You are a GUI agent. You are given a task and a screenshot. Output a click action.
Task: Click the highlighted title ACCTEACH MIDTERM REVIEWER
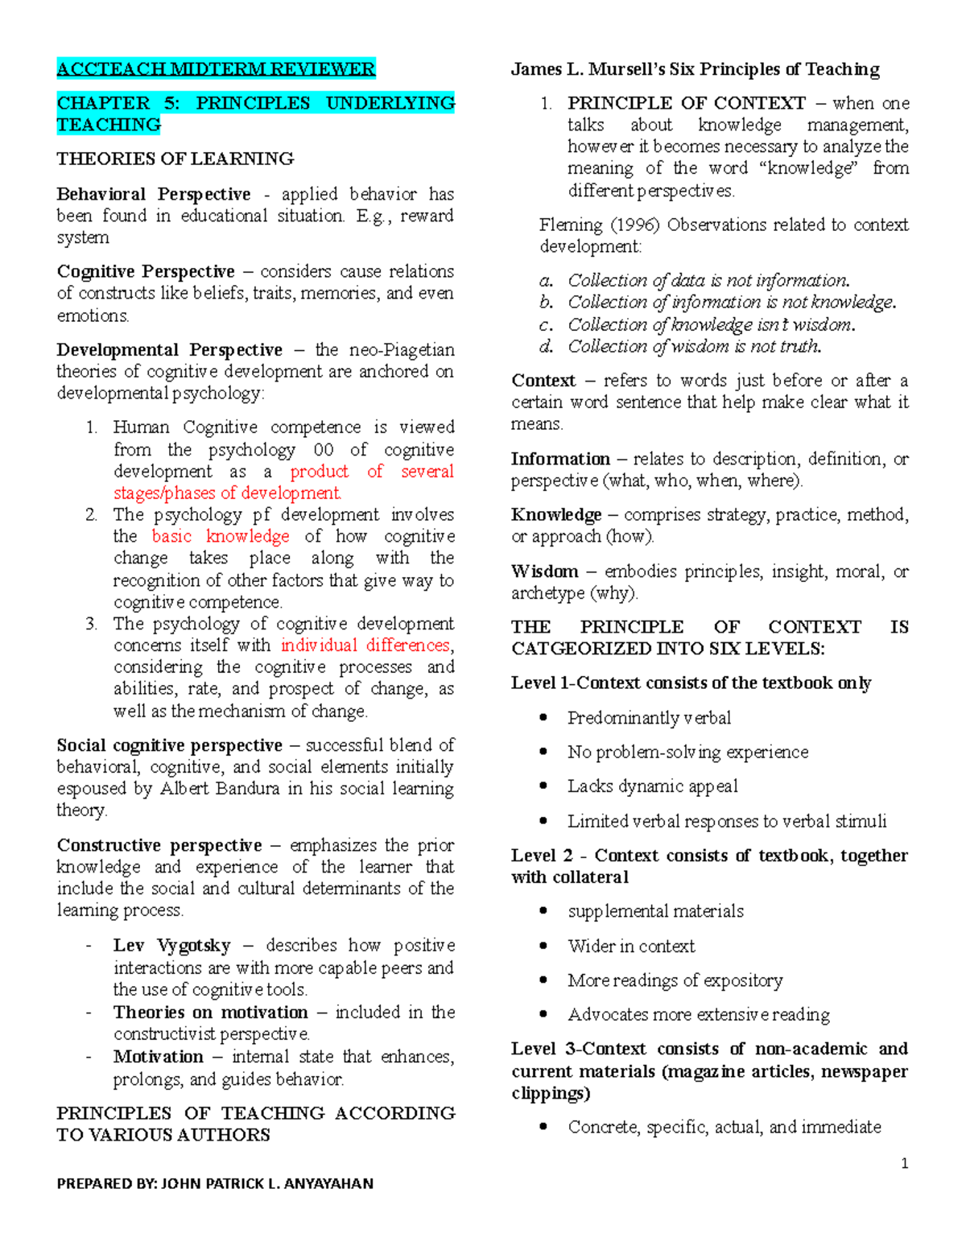[216, 69]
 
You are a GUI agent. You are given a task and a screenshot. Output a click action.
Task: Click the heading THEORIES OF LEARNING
[175, 159]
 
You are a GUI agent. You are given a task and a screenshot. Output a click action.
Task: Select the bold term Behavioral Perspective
[153, 194]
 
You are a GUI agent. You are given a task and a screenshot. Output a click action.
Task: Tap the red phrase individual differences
[365, 646]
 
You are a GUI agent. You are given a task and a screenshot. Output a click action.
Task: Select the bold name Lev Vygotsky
[171, 946]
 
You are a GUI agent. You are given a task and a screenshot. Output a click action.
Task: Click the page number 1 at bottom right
[905, 1163]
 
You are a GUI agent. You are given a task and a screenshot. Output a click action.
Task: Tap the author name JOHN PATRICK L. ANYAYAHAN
[267, 1183]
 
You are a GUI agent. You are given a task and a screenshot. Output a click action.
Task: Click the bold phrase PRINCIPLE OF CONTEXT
[686, 103]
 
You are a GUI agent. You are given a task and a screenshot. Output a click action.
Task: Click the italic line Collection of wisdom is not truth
[694, 347]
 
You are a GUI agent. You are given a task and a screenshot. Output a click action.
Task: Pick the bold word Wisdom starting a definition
[544, 571]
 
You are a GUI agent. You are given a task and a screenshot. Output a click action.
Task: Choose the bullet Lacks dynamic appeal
[652, 786]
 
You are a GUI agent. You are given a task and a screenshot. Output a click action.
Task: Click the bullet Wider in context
[631, 947]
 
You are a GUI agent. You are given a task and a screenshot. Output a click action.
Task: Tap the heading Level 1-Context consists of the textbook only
[691, 683]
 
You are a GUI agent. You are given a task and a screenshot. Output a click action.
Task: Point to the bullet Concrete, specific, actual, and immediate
[724, 1127]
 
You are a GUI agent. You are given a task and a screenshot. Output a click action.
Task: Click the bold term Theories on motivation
[210, 1013]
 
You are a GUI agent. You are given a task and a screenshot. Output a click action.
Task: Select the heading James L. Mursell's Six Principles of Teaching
[695, 69]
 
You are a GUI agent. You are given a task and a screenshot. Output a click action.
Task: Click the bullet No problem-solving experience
[687, 753]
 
